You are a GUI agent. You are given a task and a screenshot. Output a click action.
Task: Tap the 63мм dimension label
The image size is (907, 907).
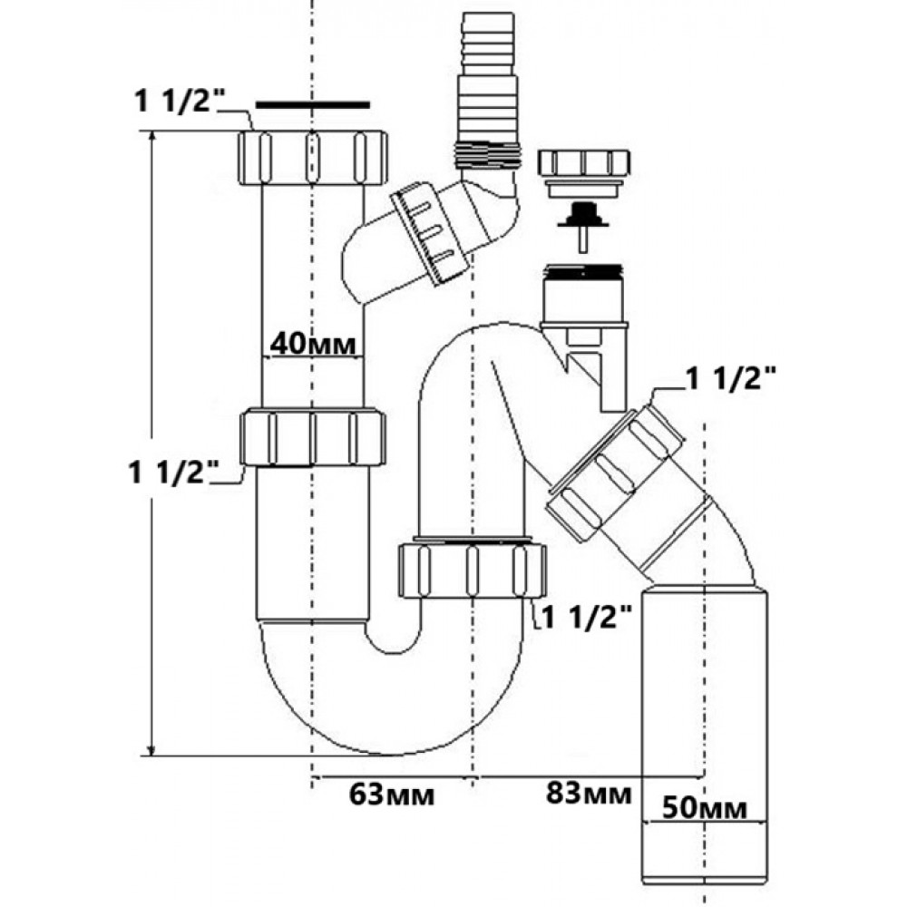pyautogui.click(x=392, y=795)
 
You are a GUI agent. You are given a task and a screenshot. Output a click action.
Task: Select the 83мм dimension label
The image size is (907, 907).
pyautogui.click(x=589, y=795)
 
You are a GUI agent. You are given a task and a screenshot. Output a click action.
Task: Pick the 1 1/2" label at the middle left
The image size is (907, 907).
pyautogui.click(x=175, y=472)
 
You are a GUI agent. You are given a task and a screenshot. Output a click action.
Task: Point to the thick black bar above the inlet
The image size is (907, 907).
pyautogui.click(x=313, y=104)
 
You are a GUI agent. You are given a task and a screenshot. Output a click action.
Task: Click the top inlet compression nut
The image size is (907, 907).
pyautogui.click(x=313, y=157)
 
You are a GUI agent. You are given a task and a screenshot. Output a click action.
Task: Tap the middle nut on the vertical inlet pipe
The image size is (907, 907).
pyautogui.click(x=313, y=438)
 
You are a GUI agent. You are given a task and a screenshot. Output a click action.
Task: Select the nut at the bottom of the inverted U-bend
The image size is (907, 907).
pyautogui.click(x=472, y=569)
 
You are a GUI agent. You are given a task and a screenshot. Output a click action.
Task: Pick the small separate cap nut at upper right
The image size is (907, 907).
pyautogui.click(x=584, y=164)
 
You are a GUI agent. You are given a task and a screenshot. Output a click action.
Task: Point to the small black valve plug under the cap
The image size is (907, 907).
pyautogui.click(x=584, y=218)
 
